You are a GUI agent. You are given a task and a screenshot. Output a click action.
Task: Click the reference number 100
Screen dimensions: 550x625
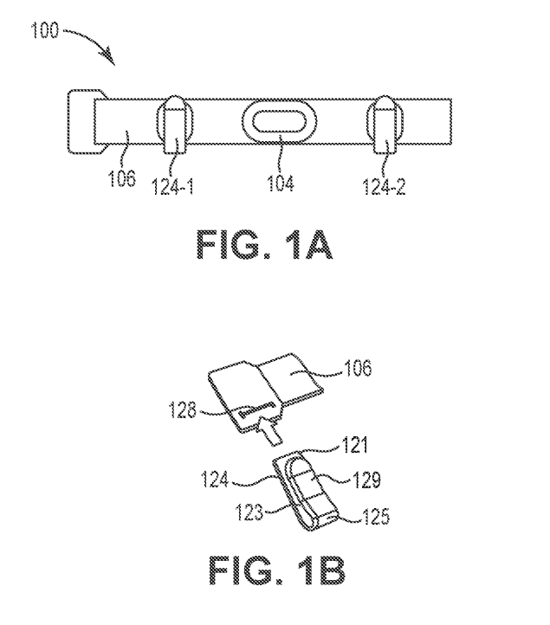point(45,30)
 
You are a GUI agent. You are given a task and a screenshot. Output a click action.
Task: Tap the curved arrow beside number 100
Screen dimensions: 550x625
point(94,42)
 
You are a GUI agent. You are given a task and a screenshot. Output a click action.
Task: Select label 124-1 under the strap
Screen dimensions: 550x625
point(173,186)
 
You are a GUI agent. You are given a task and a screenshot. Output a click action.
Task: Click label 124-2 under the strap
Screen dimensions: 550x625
point(384,186)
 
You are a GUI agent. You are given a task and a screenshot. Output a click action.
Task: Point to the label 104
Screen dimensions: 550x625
point(281,183)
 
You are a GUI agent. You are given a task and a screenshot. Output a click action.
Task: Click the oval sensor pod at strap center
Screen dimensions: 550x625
point(280,120)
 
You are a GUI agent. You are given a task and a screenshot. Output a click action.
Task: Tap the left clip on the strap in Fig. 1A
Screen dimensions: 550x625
point(175,124)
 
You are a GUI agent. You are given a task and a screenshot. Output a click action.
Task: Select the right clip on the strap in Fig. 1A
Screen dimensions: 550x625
point(385,124)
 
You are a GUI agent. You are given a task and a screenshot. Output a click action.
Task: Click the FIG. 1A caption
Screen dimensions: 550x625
point(264,245)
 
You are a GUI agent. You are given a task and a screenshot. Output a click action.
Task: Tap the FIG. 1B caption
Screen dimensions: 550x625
point(277,570)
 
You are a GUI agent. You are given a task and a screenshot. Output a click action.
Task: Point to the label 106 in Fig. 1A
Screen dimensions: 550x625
point(122,177)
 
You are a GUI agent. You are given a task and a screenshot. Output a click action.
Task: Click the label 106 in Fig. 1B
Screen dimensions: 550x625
point(358,368)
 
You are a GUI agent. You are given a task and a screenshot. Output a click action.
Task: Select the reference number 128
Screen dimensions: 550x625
point(183,409)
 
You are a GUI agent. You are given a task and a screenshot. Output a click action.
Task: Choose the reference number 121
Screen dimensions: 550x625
point(353,445)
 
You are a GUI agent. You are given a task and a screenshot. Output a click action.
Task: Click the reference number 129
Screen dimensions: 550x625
point(366,480)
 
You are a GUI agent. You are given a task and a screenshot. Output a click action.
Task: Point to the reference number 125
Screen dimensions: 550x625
point(376,516)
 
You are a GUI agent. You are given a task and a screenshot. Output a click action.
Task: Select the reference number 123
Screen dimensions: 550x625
point(249,512)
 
